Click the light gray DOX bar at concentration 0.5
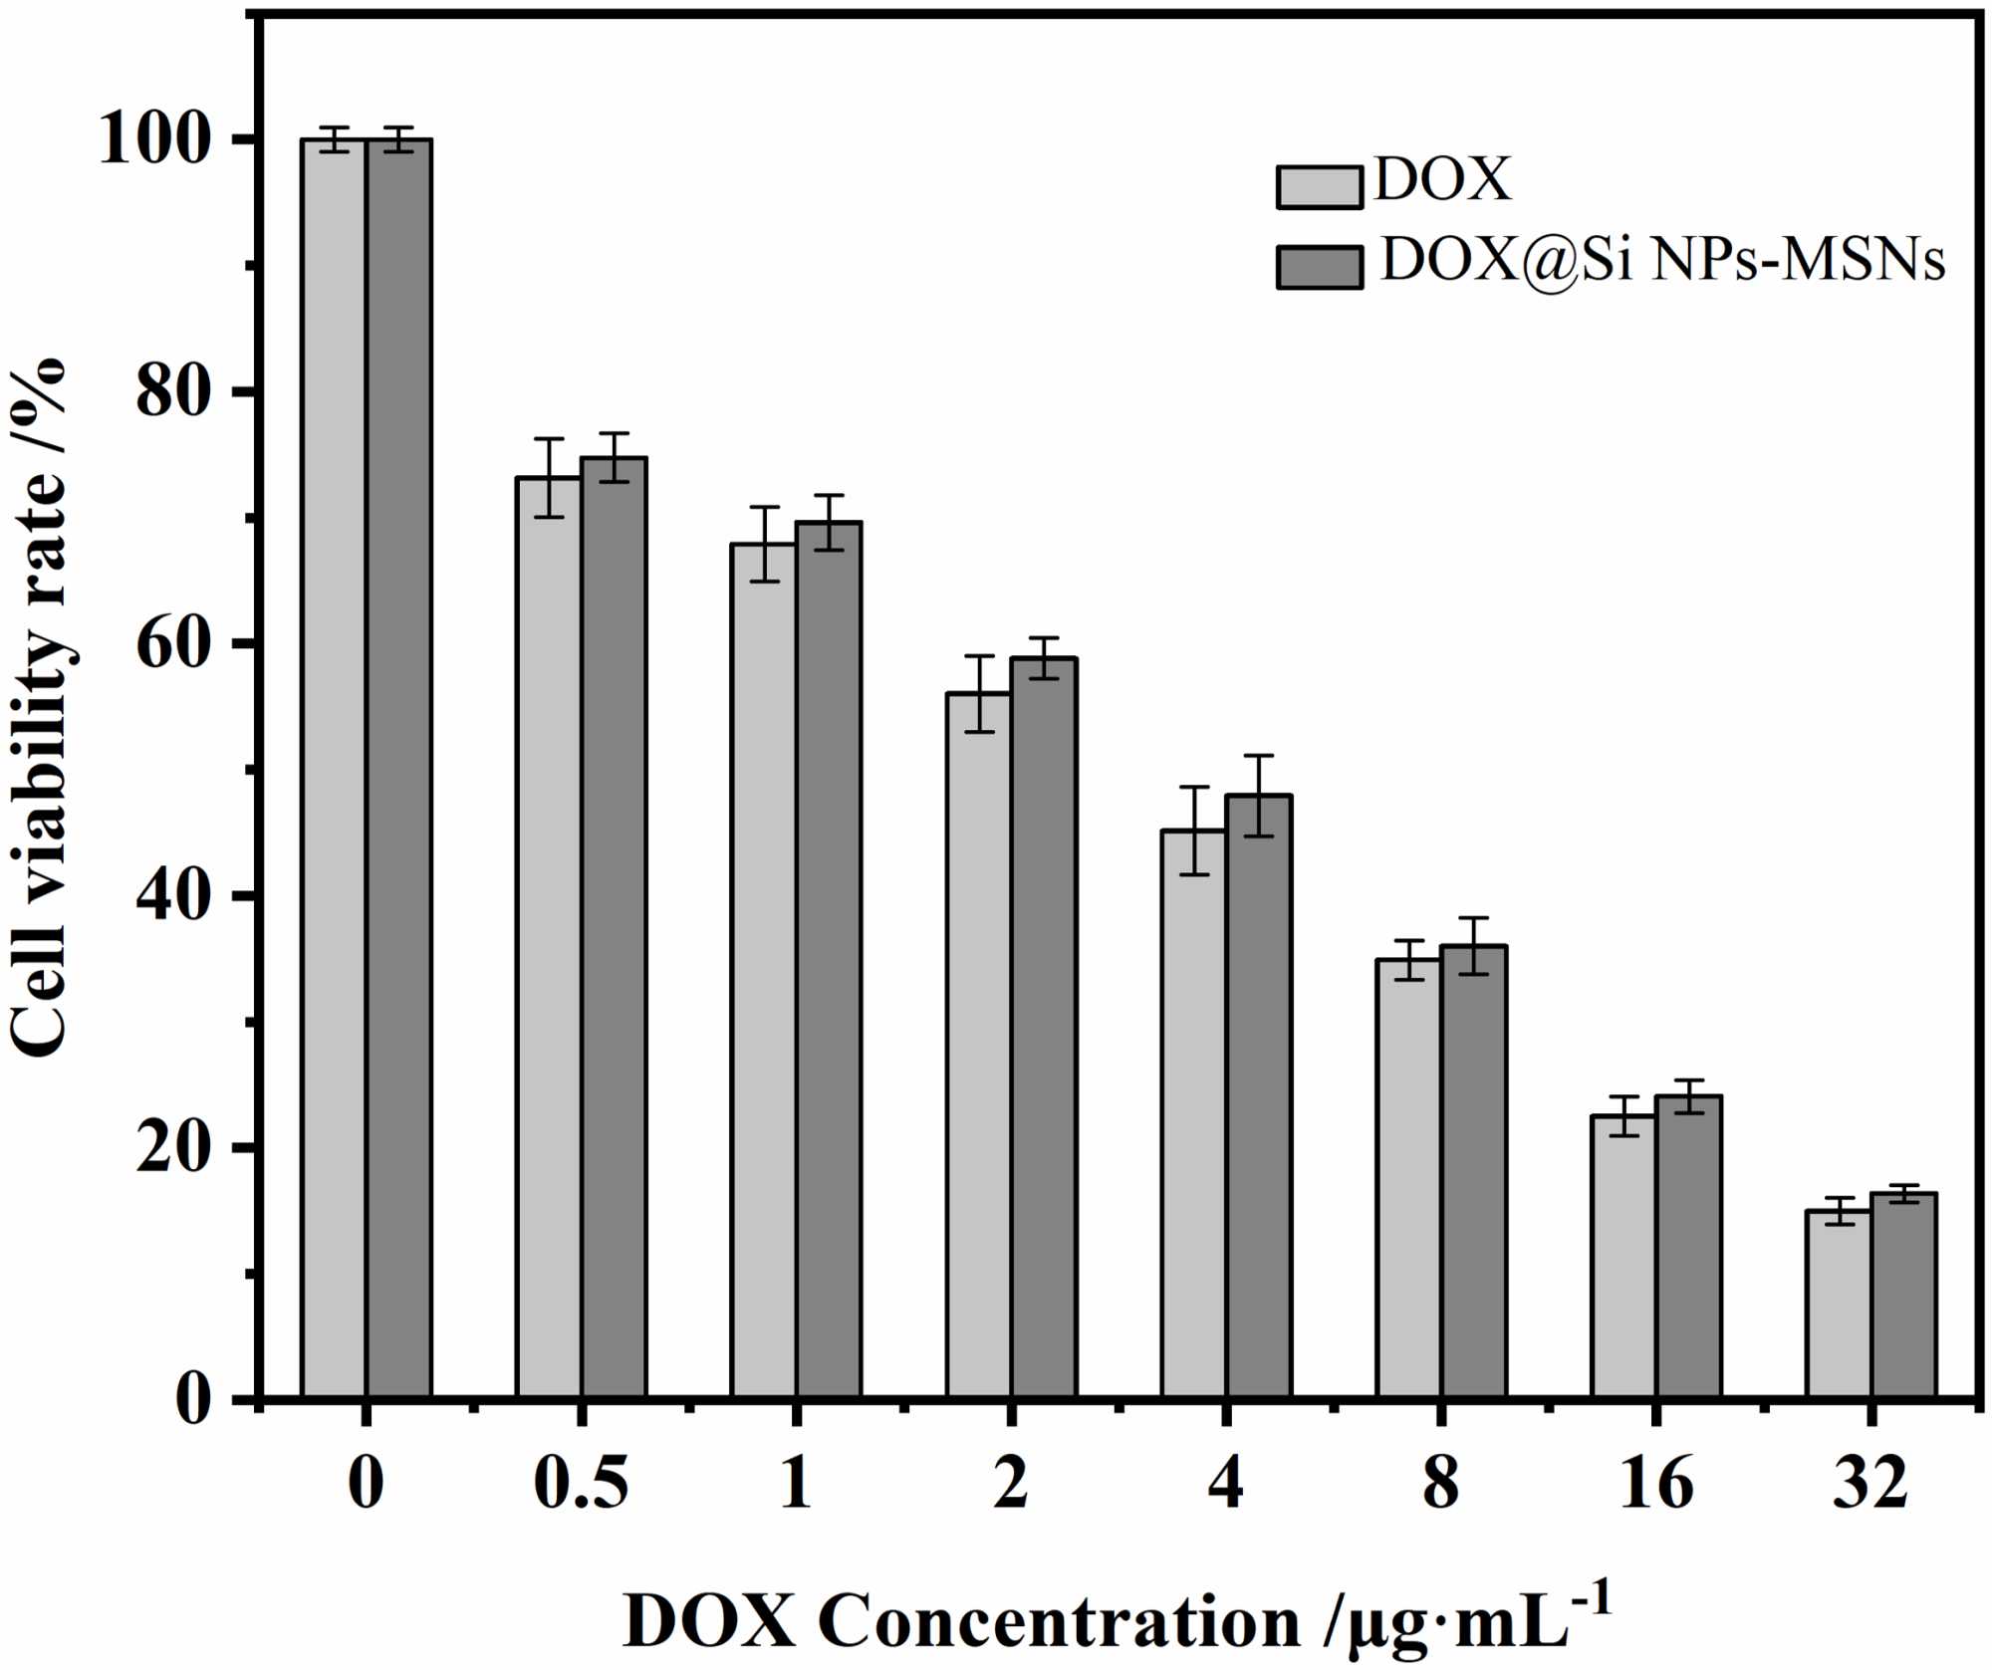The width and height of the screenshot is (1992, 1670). click(548, 936)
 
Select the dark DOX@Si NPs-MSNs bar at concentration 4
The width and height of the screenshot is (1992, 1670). click(1259, 1095)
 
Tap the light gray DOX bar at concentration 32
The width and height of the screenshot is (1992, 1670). click(1839, 1305)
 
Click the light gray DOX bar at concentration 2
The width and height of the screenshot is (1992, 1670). click(978, 1046)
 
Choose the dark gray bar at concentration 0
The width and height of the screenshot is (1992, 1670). click(398, 767)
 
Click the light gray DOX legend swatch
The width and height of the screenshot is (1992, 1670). click(1319, 187)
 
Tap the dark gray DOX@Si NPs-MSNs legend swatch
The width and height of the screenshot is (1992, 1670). click(1319, 267)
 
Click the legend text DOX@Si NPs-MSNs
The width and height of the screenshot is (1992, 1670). click(1661, 261)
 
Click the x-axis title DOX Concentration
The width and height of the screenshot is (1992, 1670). click(1116, 1621)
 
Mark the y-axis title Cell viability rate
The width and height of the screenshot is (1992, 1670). click(40, 707)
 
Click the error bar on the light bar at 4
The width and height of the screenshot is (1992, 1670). click(1194, 831)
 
